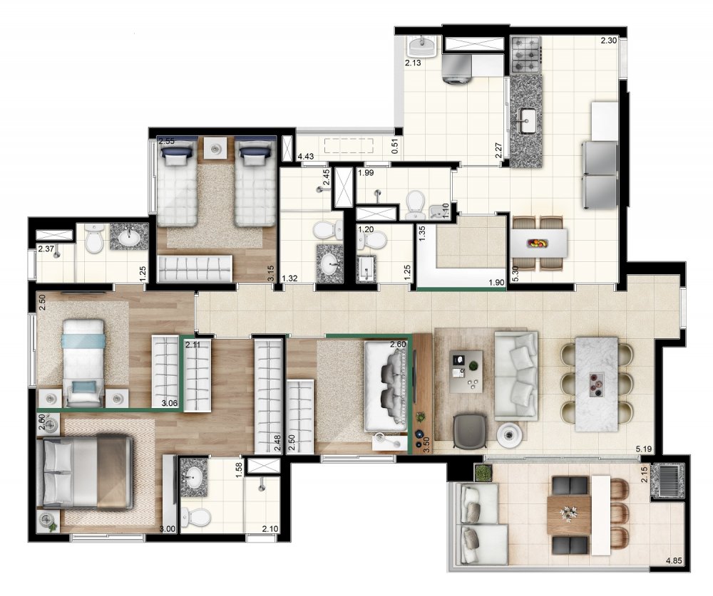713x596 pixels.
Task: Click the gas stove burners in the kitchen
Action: point(527,54)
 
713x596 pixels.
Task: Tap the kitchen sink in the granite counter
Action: point(527,119)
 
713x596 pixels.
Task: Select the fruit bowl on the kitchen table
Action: point(539,244)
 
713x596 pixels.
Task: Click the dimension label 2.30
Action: point(608,41)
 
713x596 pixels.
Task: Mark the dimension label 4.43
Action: point(307,156)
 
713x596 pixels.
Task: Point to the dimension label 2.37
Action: point(46,249)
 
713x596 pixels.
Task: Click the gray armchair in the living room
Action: point(468,430)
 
